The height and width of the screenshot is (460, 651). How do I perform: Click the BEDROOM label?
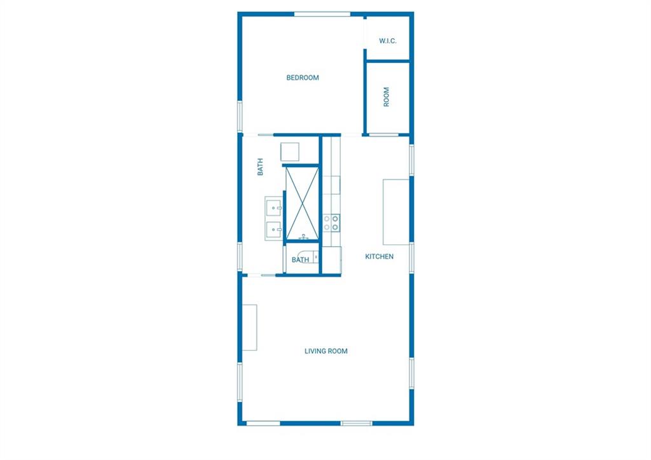(x=303, y=78)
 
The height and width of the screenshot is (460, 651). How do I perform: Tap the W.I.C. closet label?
(x=387, y=41)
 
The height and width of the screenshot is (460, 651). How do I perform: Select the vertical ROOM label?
(x=387, y=97)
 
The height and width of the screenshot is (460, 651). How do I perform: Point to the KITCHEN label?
(x=379, y=256)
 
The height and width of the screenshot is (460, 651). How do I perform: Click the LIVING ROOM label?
(x=326, y=351)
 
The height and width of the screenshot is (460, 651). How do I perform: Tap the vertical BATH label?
(x=260, y=167)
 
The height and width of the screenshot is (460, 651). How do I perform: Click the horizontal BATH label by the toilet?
(x=300, y=260)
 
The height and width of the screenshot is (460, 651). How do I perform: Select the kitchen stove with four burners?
(x=331, y=223)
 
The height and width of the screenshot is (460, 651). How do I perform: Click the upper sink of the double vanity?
(x=273, y=207)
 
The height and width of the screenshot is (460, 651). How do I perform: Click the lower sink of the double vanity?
(x=273, y=228)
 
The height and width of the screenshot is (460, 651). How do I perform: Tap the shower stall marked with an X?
(x=302, y=203)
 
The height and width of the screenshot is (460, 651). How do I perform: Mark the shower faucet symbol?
(x=304, y=237)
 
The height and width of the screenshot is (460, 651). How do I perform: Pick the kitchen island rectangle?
(x=396, y=212)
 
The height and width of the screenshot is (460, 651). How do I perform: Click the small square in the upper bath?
(x=290, y=151)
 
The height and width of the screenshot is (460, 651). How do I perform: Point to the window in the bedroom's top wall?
(x=322, y=15)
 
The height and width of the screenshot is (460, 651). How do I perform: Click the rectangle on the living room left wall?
(x=249, y=328)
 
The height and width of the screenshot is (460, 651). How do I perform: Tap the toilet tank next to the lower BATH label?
(x=316, y=258)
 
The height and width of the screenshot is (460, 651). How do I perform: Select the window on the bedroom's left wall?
(x=240, y=116)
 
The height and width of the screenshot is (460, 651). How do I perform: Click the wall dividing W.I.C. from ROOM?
(x=388, y=62)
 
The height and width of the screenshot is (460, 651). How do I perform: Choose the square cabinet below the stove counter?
(x=332, y=260)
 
